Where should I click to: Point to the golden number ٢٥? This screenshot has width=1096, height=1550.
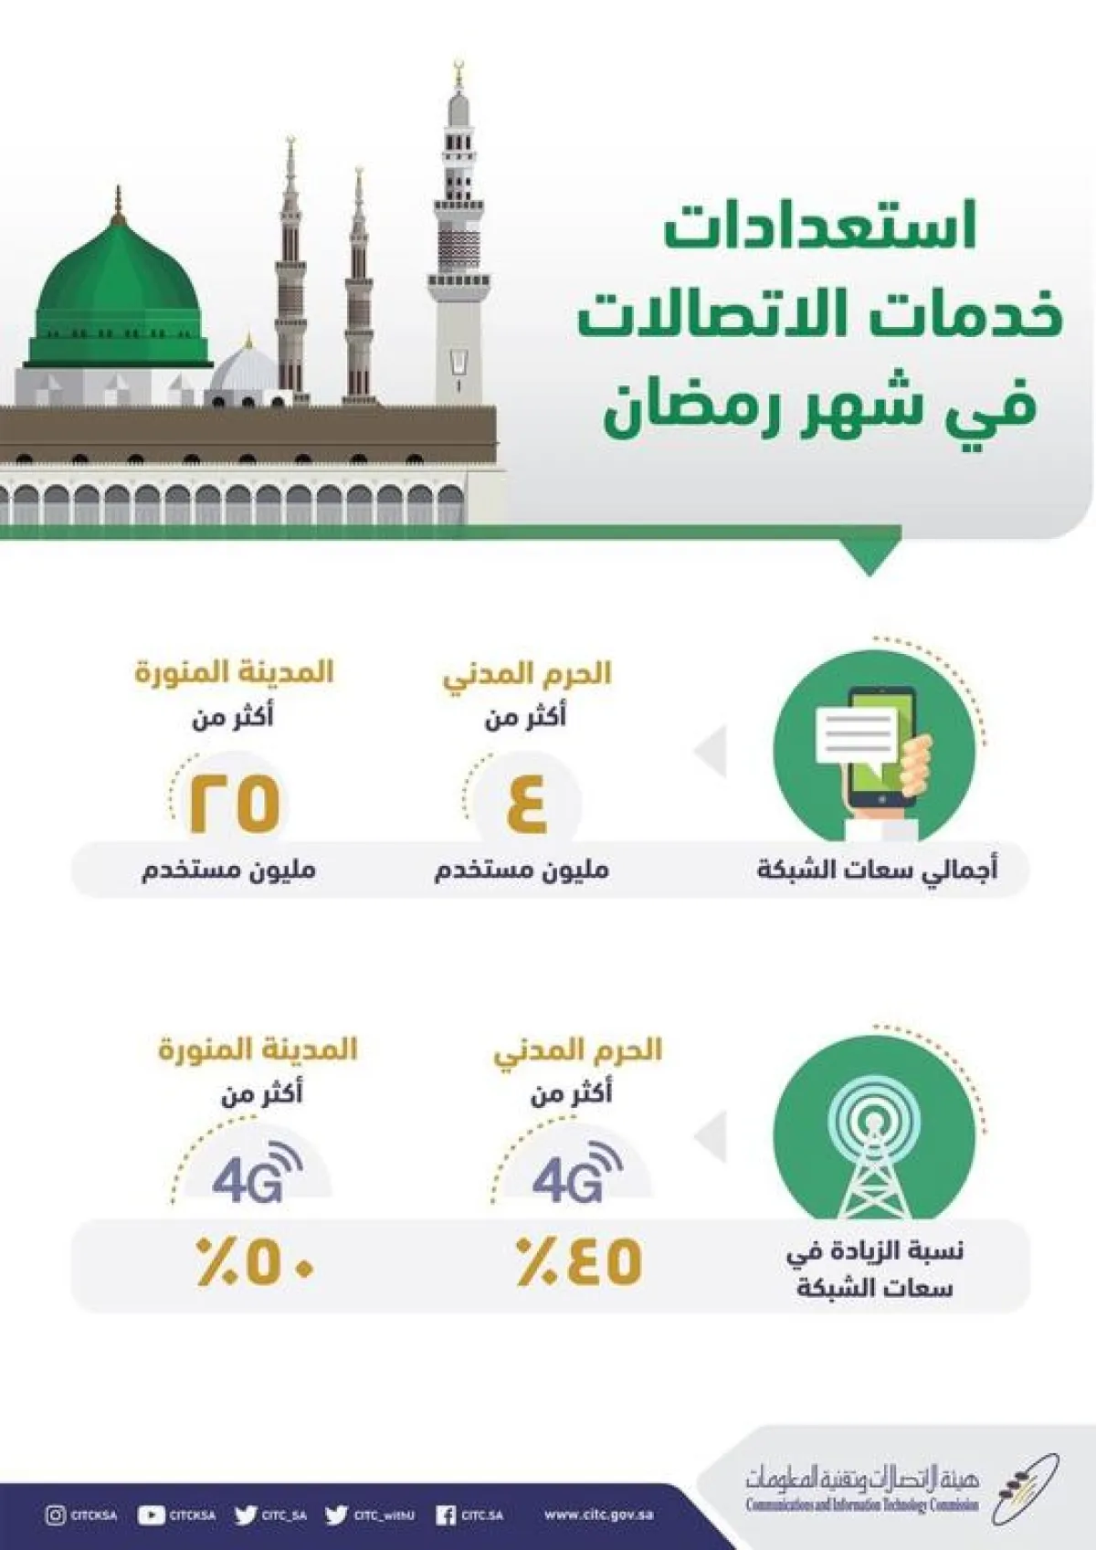tap(234, 802)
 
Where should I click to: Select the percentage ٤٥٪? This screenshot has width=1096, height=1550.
tap(579, 1261)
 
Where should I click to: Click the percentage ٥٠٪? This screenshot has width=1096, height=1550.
tap(257, 1261)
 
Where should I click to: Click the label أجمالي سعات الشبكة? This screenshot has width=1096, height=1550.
tap(877, 869)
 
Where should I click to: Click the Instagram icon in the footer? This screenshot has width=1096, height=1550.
tap(55, 1515)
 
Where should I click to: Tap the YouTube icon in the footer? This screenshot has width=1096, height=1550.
tap(150, 1515)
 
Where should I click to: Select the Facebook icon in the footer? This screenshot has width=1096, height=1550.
tap(445, 1515)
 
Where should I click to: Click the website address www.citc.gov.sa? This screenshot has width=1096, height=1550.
tap(598, 1515)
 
